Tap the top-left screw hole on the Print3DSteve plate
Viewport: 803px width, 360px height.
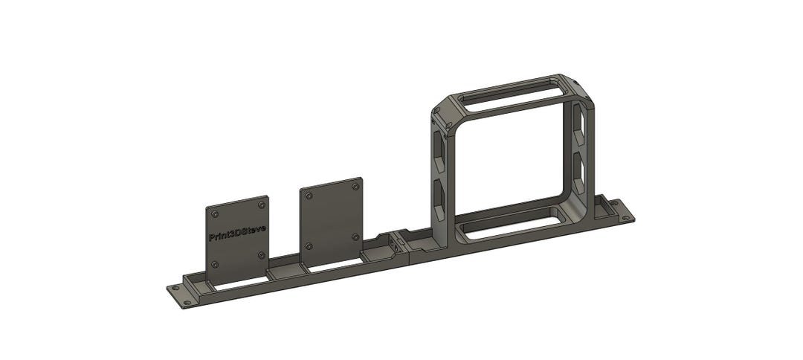(216, 213)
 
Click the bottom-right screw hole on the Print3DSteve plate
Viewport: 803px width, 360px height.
(261, 255)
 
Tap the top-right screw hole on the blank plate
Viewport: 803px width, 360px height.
(353, 188)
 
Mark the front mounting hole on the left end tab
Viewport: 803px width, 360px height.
(185, 301)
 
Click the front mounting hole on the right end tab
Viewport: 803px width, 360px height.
(625, 218)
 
